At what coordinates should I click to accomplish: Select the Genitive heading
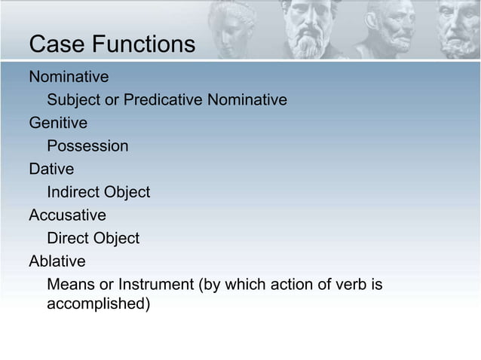(x=58, y=122)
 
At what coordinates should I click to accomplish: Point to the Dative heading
(x=51, y=169)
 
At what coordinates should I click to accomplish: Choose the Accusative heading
(x=67, y=215)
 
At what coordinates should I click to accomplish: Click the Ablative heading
(x=57, y=262)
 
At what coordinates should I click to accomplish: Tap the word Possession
(x=87, y=145)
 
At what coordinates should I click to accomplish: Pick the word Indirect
(x=75, y=192)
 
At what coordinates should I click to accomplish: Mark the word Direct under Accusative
(x=68, y=239)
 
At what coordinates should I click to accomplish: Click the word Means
(x=69, y=285)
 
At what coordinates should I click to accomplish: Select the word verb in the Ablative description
(x=345, y=285)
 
